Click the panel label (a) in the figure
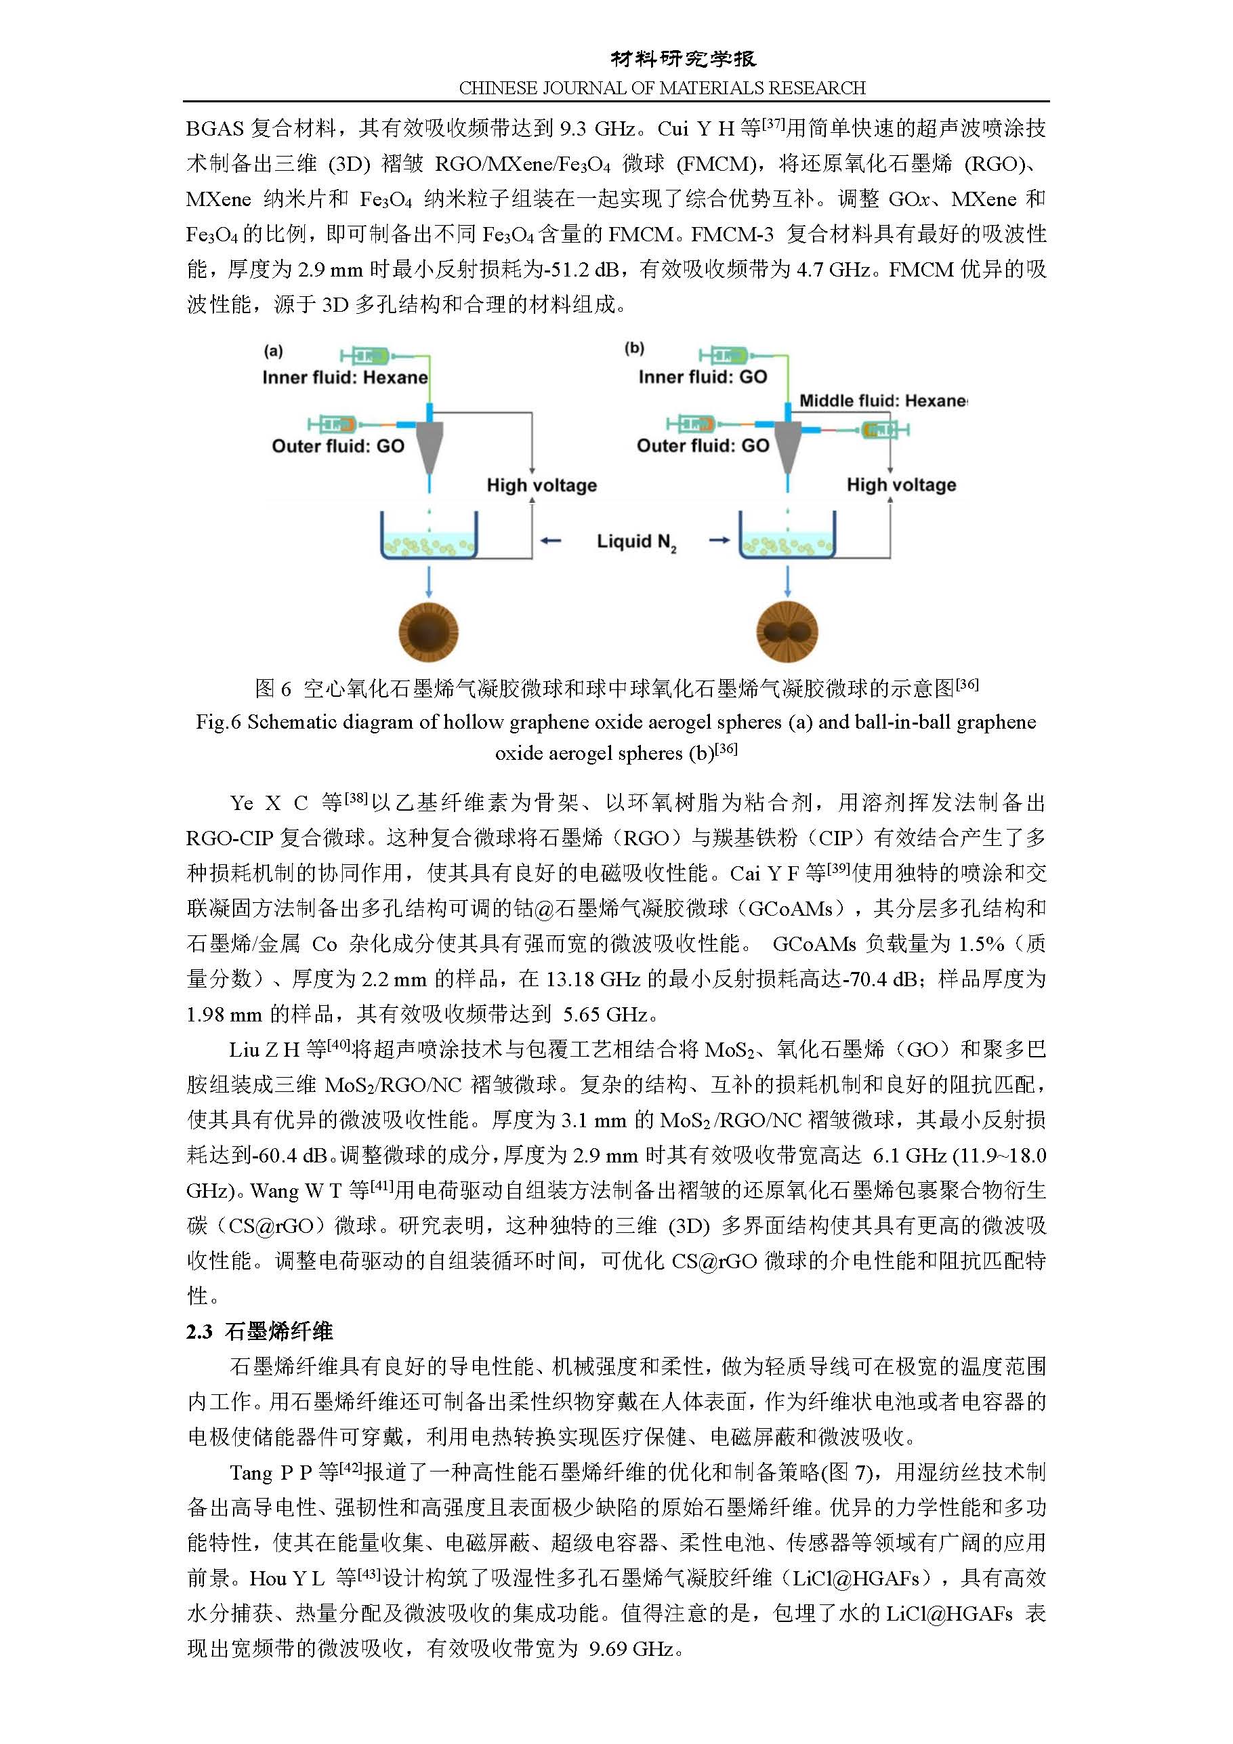click(x=273, y=351)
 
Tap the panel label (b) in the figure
click(x=634, y=348)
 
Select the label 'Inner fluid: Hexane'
click(x=345, y=378)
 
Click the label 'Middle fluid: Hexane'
click(x=882, y=401)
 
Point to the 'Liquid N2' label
click(x=636, y=542)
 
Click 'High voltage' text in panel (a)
click(x=541, y=485)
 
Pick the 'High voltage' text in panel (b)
click(x=901, y=485)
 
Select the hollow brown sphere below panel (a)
click(x=429, y=631)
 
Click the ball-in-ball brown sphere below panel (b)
click(x=787, y=631)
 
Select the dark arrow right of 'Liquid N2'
click(x=718, y=541)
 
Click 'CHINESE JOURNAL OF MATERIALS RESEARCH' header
click(x=662, y=88)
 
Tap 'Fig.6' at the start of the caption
click(x=219, y=722)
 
